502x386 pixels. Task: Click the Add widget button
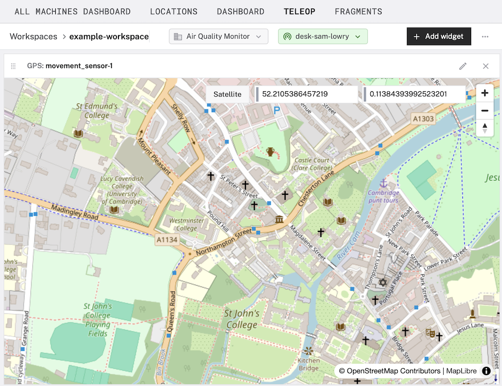click(x=439, y=37)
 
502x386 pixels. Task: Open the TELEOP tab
click(x=299, y=12)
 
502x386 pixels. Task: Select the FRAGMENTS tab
click(x=358, y=12)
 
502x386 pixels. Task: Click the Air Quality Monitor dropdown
click(x=218, y=37)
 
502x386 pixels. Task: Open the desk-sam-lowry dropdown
click(x=323, y=37)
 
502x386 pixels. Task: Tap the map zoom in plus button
click(x=484, y=93)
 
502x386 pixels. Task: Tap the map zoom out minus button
click(x=484, y=110)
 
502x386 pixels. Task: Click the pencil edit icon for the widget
click(x=463, y=66)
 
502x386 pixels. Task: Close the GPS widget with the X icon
click(x=485, y=66)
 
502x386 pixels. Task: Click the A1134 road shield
click(x=167, y=240)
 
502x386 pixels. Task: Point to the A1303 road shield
click(x=423, y=118)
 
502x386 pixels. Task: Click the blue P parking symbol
click(x=277, y=110)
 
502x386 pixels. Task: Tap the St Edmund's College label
click(x=97, y=111)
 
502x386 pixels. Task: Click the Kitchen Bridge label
click(x=308, y=364)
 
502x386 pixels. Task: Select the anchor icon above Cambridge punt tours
click(x=384, y=183)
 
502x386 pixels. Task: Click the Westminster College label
click(x=187, y=224)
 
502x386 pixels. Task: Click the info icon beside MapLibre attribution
click(x=486, y=371)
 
